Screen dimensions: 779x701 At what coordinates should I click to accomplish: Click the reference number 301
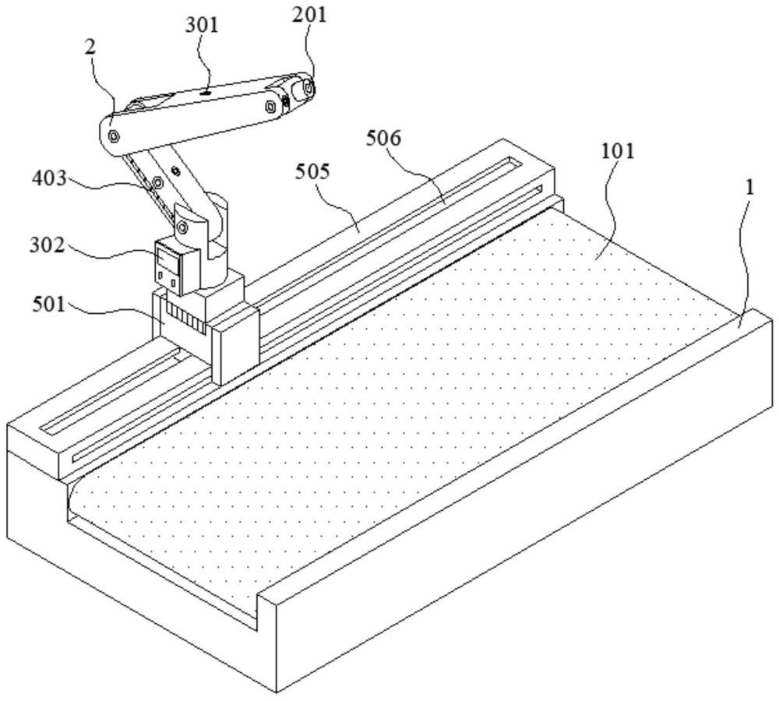coord(202,24)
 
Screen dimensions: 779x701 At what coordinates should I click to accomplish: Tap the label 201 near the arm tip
coord(309,15)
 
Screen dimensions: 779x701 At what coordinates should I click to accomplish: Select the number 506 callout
coord(383,139)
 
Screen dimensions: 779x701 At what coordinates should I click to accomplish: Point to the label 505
coord(312,172)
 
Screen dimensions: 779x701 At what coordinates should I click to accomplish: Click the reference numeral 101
coord(618,151)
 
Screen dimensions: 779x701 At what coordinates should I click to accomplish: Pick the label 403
coord(48,178)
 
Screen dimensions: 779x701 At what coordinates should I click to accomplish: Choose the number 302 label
coord(47,245)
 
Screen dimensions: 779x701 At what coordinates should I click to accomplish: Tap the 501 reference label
coord(48,304)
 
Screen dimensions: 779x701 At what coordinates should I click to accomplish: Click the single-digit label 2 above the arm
coord(90,48)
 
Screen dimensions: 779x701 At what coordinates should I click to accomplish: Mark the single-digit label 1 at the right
coord(749,188)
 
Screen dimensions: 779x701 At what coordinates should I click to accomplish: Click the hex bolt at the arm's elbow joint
coord(114,135)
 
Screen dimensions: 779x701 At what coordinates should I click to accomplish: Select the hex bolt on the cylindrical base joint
coord(182,227)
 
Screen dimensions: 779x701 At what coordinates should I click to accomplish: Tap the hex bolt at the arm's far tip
coord(308,89)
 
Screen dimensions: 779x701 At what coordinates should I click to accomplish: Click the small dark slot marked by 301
coord(204,92)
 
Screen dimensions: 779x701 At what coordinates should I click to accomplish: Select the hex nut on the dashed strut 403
coord(158,183)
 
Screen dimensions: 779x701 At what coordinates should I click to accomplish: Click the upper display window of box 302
coord(167,259)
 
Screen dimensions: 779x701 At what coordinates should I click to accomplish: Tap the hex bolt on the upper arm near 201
coord(270,106)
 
